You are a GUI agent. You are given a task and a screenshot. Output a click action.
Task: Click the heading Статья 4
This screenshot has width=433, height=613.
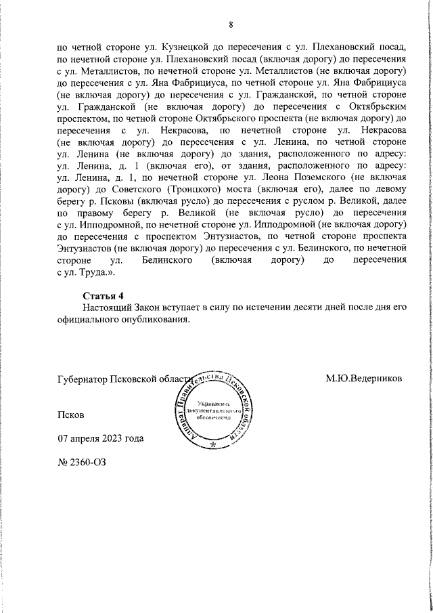[104, 295]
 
